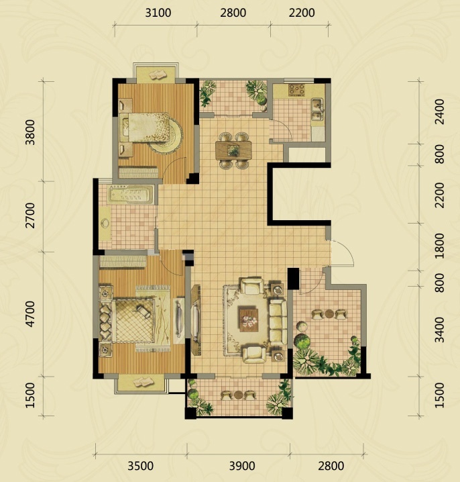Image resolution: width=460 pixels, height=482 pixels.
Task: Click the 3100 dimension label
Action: point(158,13)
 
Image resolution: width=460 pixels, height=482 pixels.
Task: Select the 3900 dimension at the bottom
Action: point(242,466)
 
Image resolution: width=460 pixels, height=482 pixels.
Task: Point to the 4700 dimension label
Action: point(30,314)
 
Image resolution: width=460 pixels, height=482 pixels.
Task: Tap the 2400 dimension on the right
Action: point(439,111)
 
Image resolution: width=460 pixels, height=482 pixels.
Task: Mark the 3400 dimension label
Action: point(439,330)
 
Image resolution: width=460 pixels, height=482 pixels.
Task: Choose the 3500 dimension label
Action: point(141,466)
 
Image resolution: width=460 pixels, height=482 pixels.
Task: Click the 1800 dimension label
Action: point(439,246)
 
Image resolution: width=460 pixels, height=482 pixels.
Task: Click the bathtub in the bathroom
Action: point(131,194)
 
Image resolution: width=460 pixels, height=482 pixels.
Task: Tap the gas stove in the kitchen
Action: point(297,90)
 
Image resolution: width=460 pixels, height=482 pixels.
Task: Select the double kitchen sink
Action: point(318,109)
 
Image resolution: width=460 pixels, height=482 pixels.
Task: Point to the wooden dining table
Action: point(233,150)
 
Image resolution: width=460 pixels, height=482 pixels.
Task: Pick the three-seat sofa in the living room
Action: point(278,322)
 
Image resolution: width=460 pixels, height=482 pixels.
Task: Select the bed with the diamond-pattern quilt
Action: point(133,320)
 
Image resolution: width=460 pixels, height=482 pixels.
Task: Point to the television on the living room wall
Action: point(194,320)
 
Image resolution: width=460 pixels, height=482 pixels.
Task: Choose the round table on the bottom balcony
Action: point(239,395)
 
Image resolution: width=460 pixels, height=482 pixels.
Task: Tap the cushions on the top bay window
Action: point(157,75)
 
